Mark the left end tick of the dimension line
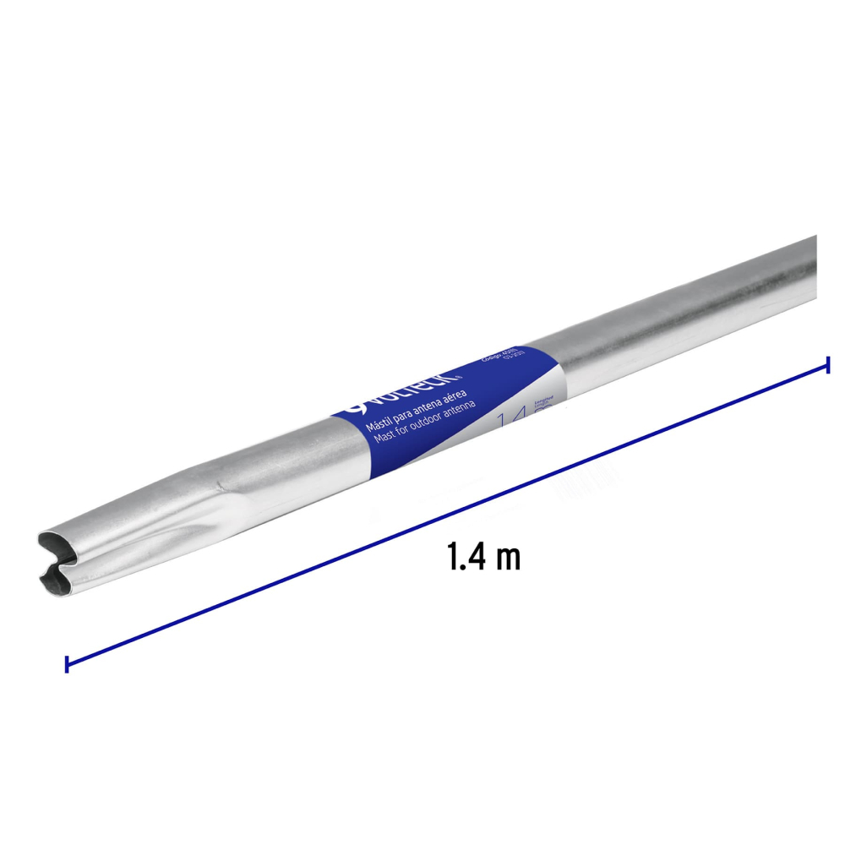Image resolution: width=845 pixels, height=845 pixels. [67, 663]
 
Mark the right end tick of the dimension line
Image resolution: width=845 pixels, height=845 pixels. [827, 364]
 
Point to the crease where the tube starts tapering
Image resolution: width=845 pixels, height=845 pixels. [221, 486]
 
